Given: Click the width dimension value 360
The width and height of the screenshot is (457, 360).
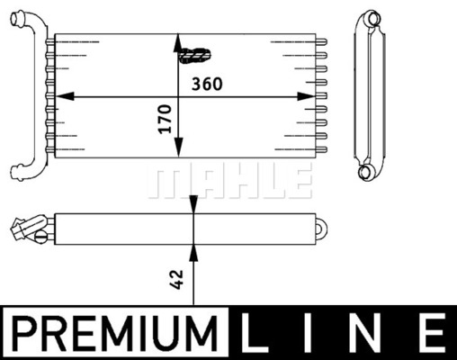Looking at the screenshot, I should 207,84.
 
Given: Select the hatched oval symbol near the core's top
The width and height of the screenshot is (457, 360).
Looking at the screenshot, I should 194,56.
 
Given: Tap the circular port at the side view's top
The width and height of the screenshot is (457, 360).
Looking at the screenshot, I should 370,19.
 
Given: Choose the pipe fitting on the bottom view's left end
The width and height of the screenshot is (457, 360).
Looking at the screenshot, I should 27,229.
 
